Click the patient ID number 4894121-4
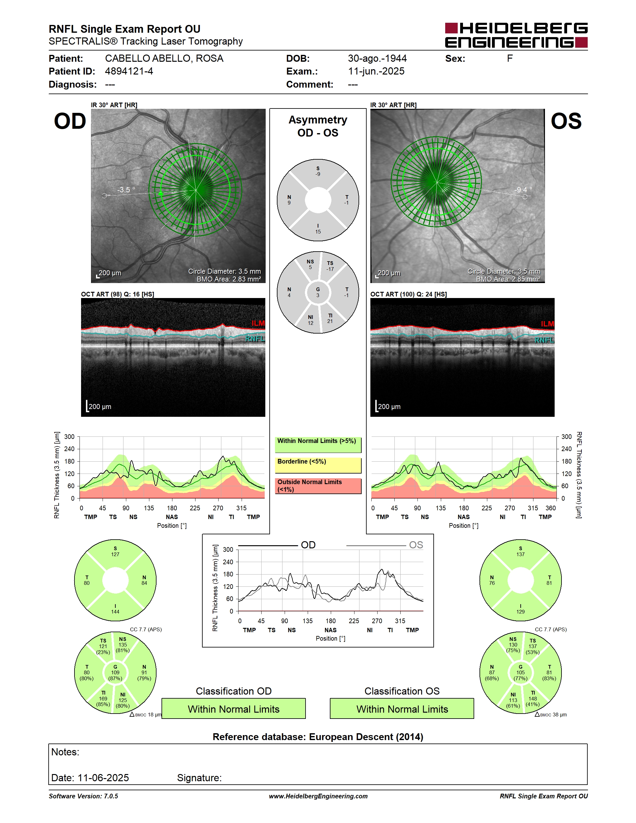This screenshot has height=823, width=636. [129, 71]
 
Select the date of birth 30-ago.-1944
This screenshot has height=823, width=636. [377, 58]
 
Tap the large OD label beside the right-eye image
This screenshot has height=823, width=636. [70, 121]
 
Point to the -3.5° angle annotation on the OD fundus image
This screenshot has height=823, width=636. [126, 190]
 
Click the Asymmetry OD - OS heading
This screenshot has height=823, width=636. [318, 126]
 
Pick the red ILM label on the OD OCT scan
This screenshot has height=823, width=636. [258, 323]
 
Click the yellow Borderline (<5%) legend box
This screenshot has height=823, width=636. [318, 465]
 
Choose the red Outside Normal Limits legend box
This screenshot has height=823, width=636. [318, 486]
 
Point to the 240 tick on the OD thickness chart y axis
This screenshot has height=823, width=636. [69, 449]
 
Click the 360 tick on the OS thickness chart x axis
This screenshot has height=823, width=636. [551, 508]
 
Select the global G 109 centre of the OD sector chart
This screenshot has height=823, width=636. [115, 673]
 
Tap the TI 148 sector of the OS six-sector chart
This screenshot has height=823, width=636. [533, 698]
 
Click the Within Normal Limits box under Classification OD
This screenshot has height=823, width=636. [234, 709]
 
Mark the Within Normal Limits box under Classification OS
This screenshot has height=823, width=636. [402, 709]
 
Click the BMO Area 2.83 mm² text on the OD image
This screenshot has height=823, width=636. [229, 279]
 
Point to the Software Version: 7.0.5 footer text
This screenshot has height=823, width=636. [83, 796]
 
